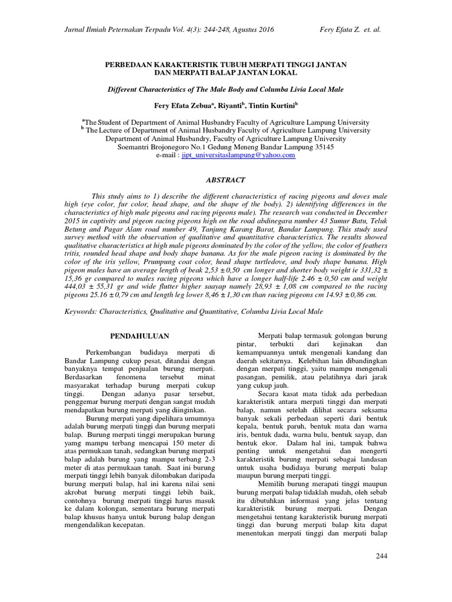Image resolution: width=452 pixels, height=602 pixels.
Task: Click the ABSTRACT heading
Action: click(226, 180)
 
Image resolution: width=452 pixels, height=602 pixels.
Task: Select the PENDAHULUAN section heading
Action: click(140, 336)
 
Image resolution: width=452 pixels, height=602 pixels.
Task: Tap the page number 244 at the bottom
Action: click(383, 556)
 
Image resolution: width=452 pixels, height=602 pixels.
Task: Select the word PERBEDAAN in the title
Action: click(129, 63)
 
